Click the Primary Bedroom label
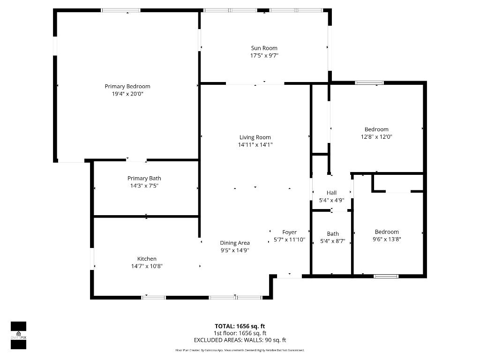(x=127, y=86)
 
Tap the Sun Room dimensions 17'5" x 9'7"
(x=264, y=55)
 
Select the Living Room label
(x=255, y=137)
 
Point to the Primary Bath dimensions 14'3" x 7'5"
(x=144, y=186)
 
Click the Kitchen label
(x=147, y=259)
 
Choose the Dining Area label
(x=235, y=243)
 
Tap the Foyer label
(x=289, y=232)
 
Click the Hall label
(x=331, y=193)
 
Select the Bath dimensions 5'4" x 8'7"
(x=332, y=241)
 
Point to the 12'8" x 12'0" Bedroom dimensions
(x=376, y=137)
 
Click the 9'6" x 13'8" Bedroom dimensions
(x=387, y=239)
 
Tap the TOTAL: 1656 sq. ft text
(x=240, y=326)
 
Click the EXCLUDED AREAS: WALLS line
(x=240, y=340)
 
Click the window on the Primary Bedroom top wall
(x=121, y=10)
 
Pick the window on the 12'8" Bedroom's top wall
(x=369, y=83)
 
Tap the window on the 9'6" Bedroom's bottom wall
(x=386, y=276)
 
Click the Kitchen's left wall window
(x=92, y=259)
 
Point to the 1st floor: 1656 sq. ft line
(x=240, y=333)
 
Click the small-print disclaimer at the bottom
(x=240, y=350)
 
